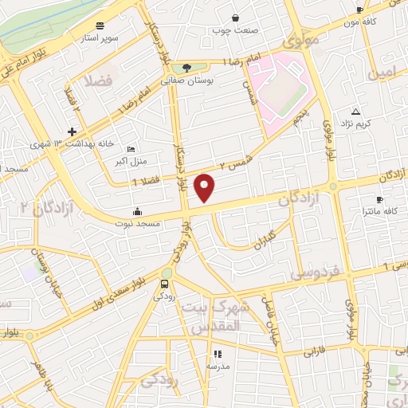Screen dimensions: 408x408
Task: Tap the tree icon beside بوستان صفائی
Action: tap(186, 68)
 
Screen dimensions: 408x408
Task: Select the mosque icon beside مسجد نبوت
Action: tap(138, 212)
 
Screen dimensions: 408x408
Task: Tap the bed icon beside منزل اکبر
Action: tap(131, 150)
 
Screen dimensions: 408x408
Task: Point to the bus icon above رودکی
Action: tap(164, 283)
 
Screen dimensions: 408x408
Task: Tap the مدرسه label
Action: tap(218, 366)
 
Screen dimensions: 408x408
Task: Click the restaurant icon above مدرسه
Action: tap(218, 354)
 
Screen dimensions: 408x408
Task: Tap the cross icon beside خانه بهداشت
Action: tap(73, 131)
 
